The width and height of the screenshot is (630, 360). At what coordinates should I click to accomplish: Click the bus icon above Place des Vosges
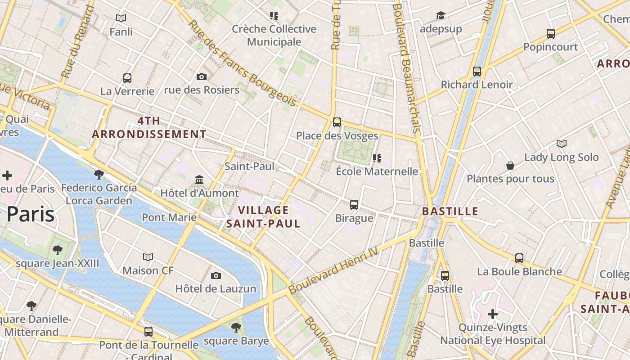[337, 122]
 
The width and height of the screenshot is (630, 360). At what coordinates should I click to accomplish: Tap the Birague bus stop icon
[354, 205]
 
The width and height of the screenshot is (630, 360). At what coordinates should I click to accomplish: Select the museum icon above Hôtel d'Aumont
[199, 180]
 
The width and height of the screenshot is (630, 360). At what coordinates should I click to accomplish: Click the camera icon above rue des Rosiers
[202, 76]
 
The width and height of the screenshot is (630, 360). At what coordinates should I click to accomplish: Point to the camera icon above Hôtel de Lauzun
[216, 275]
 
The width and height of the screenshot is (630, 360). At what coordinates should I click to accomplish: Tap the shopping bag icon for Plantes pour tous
[510, 166]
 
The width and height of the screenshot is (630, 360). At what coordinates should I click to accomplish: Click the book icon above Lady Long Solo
[561, 144]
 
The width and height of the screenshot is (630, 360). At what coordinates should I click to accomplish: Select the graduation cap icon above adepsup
[441, 16]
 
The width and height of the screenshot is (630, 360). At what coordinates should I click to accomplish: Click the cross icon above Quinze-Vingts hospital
[493, 314]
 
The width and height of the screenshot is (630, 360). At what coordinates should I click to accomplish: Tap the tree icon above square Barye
[236, 327]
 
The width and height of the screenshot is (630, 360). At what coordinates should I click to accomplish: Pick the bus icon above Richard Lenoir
[477, 71]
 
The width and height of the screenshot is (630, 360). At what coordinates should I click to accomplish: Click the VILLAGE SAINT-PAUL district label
[263, 217]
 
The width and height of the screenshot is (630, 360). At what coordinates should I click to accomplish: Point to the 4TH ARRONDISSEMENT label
[149, 127]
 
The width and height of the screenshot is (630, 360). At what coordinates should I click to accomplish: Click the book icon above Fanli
[121, 18]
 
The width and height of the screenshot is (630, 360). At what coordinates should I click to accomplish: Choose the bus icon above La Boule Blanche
[519, 258]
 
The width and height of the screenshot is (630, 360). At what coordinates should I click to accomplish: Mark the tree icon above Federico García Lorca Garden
[99, 174]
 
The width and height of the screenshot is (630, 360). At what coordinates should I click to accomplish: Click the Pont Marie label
[169, 217]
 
